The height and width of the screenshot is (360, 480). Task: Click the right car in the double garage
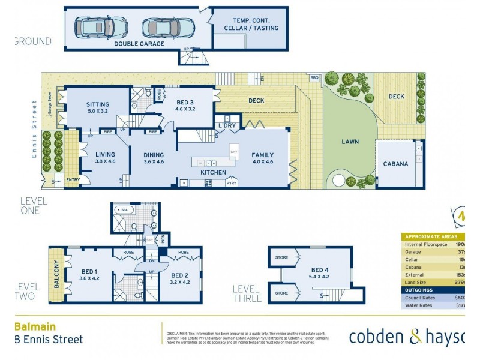pos(169,27)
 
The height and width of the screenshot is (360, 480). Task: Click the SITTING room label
pos(97,104)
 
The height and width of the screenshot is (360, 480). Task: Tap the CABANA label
pos(396,163)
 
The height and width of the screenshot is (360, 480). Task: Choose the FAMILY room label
pos(262,154)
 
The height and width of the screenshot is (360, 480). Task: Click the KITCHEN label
pos(213,173)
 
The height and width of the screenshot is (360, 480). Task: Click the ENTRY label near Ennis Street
pos(73,179)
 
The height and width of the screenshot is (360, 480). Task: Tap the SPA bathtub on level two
pos(125,210)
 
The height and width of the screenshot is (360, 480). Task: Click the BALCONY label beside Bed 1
pos(57,274)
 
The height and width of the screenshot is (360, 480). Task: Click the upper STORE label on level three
pos(281,258)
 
